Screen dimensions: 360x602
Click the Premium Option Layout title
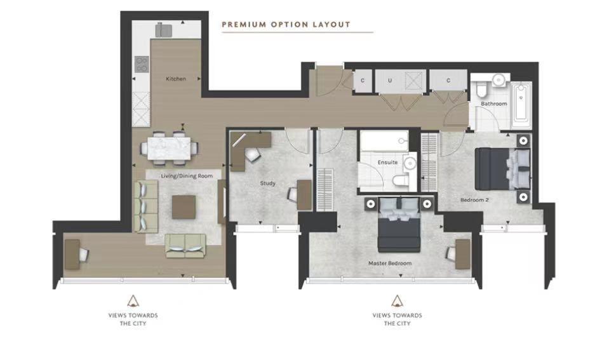click(x=286, y=25)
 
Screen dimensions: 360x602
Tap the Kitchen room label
click(x=176, y=79)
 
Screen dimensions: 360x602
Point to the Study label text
click(x=267, y=183)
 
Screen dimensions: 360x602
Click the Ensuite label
click(x=387, y=163)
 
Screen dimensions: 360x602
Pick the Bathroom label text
click(x=493, y=103)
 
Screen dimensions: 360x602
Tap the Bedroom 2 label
click(x=474, y=200)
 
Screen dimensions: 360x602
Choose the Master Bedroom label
click(x=390, y=263)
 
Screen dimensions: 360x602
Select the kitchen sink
click(x=164, y=30)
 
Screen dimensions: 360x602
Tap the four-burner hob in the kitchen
click(x=142, y=63)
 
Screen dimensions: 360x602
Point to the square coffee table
click(x=184, y=207)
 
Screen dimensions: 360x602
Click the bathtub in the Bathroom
click(x=522, y=103)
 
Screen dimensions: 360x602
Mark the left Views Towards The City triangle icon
click(x=133, y=300)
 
